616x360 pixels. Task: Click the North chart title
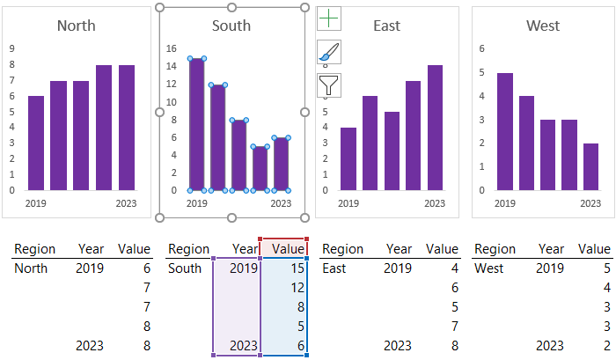pos(77,26)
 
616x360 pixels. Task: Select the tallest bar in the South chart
pos(196,124)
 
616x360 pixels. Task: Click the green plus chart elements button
pos(329,18)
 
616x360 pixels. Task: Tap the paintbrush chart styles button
pos(329,52)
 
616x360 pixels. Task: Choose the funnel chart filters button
pos(329,85)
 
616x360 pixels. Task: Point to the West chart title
pos(543,26)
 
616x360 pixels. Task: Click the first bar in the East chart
pos(348,158)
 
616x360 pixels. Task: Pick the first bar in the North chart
pos(36,143)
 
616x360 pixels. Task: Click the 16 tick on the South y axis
pos(172,49)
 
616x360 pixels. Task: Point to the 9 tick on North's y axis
pos(11,49)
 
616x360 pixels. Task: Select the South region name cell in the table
pos(184,268)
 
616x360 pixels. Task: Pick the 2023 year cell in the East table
pos(398,346)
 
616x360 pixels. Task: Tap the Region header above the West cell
pos(495,249)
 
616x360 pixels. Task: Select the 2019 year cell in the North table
pos(90,268)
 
